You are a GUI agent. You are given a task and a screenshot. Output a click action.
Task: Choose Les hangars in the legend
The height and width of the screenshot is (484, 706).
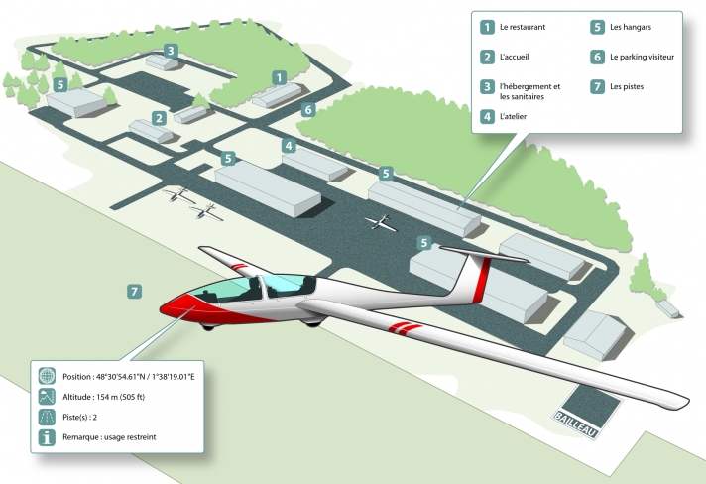pos(631,27)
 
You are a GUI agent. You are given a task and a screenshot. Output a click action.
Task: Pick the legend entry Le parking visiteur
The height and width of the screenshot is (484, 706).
pos(642,57)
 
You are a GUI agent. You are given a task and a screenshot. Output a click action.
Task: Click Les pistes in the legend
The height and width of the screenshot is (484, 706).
pos(627,86)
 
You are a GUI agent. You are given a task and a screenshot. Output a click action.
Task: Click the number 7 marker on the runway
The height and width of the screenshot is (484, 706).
pos(135,292)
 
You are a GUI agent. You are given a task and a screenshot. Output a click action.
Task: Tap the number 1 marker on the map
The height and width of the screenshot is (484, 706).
pos(280,76)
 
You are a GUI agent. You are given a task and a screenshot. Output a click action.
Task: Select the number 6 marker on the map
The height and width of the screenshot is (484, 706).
pos(307,109)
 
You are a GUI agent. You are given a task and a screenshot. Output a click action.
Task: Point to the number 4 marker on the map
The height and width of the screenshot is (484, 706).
pos(289,146)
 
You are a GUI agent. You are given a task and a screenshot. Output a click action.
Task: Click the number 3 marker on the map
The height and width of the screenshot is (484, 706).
pos(171,50)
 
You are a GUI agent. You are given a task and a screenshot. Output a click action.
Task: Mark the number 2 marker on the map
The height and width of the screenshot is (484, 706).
pos(159,118)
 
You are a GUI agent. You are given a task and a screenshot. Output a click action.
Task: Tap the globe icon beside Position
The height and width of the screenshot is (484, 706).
pos(46,376)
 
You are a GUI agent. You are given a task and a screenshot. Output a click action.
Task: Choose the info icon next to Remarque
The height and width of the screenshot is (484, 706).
pos(46,437)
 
